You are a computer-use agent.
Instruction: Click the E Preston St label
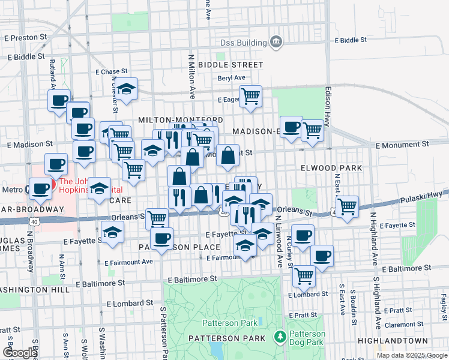tap(25, 37)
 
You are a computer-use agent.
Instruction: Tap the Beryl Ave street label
tap(232, 78)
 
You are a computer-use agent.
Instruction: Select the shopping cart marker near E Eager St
tap(250, 96)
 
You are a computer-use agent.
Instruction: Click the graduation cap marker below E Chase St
tap(127, 89)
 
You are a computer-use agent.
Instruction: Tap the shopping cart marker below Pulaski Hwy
tap(348, 206)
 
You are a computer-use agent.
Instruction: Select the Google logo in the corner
tap(20, 353)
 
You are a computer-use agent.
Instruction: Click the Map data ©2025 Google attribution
tap(412, 355)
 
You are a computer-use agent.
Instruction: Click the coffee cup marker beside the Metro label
tap(41, 188)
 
